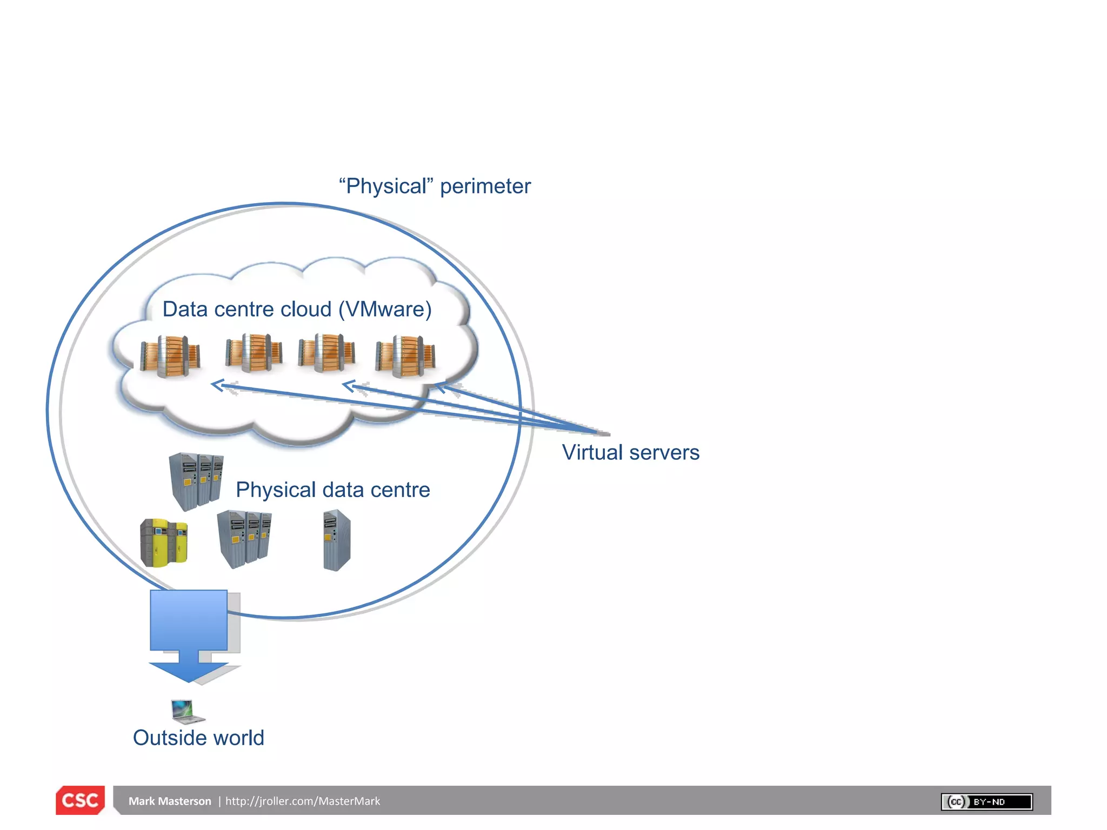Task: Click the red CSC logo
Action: (x=80, y=800)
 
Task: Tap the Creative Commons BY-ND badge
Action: (x=986, y=801)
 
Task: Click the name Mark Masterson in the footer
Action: (x=170, y=801)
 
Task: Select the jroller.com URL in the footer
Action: (x=303, y=801)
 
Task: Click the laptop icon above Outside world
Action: (x=186, y=711)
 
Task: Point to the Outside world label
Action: (x=198, y=738)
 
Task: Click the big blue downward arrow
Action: (x=189, y=635)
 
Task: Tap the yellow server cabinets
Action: (x=164, y=543)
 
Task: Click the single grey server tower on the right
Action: (x=336, y=540)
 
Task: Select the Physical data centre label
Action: (x=332, y=490)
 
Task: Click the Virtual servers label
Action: (x=630, y=452)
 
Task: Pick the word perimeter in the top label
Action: (x=485, y=186)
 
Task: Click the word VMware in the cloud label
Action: (x=385, y=309)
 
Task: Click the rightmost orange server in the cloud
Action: (x=405, y=356)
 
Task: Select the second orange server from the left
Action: (x=254, y=352)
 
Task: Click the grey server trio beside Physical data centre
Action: (x=196, y=481)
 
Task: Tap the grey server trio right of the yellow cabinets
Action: (x=244, y=538)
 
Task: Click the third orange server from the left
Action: (x=326, y=352)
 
